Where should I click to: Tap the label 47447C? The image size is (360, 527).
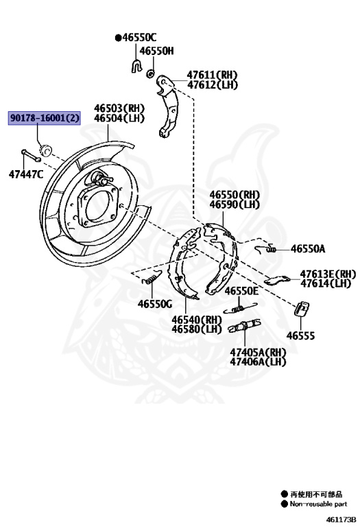point(26,174)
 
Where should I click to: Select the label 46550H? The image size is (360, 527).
point(156,51)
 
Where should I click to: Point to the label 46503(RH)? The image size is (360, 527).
point(119,108)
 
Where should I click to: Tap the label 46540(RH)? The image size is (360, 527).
point(197,320)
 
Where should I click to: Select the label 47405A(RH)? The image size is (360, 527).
point(258,352)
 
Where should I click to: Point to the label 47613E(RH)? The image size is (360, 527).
point(327,273)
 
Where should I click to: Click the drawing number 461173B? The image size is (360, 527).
point(340,519)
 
